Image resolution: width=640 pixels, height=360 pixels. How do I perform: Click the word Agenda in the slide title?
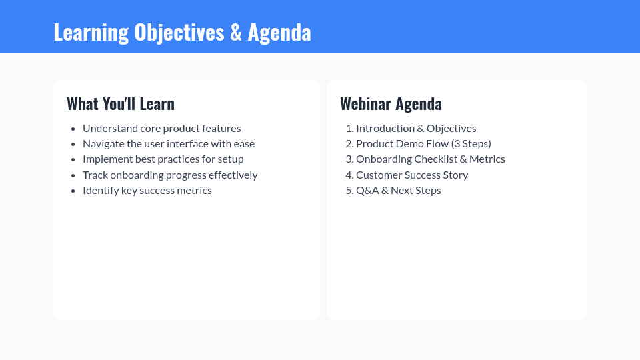click(x=279, y=32)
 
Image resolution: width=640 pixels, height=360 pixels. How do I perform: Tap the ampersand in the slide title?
click(x=236, y=32)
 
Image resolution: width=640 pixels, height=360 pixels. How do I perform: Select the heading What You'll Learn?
click(x=121, y=104)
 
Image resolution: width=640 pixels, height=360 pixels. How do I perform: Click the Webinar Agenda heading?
click(x=391, y=104)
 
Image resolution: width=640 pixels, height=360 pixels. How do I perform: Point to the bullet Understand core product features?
click(x=161, y=128)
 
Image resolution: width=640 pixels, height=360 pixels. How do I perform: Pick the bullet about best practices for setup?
click(x=163, y=159)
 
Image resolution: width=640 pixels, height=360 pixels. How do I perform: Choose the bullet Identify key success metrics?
click(x=147, y=190)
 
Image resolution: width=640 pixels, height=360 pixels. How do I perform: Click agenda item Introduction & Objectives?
click(x=416, y=128)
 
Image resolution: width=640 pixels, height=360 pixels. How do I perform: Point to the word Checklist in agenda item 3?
click(x=435, y=159)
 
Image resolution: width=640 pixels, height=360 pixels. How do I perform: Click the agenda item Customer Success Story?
click(x=412, y=175)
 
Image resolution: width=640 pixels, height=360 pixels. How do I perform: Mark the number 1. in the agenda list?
click(x=349, y=128)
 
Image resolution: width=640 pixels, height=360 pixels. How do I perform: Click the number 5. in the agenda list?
click(x=349, y=190)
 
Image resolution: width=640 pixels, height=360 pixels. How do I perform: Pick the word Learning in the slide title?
click(x=91, y=32)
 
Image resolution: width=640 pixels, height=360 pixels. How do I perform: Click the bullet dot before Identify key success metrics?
click(x=73, y=191)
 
